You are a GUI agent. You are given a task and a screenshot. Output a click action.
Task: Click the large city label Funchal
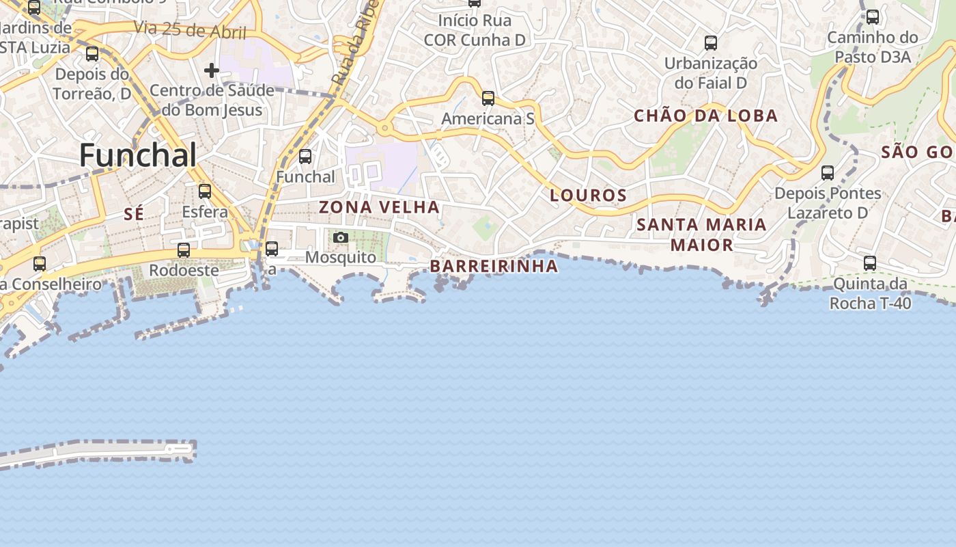(x=138, y=156)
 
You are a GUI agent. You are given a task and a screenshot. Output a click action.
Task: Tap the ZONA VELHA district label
(x=379, y=206)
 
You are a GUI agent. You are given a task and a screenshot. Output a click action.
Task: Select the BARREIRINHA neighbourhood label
(x=494, y=266)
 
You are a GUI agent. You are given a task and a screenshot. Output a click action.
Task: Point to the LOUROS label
(x=588, y=196)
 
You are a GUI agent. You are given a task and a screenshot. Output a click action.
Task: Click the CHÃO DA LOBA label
(x=706, y=116)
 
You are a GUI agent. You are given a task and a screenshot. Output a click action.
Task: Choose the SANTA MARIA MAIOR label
(x=701, y=234)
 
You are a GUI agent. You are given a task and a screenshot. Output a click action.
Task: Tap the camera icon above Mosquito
(x=341, y=238)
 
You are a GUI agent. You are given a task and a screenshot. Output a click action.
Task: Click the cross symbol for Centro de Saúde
(x=212, y=70)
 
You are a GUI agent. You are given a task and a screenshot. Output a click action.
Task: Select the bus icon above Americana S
(x=488, y=98)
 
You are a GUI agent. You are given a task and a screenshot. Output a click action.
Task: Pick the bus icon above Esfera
(x=205, y=191)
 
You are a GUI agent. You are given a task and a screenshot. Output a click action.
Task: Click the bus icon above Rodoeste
(x=183, y=250)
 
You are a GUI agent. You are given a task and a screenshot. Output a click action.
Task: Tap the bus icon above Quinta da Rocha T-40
(x=870, y=263)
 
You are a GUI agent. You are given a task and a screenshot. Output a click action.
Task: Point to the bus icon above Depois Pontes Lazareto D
(x=828, y=173)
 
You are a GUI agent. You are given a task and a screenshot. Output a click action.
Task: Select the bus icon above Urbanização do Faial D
(x=711, y=43)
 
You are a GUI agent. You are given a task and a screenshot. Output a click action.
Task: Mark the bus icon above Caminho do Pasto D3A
(x=873, y=17)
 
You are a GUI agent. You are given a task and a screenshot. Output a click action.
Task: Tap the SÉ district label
(x=134, y=214)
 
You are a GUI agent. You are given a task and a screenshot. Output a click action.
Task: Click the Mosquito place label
(x=340, y=257)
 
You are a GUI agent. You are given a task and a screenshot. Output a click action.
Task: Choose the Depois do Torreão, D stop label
(x=92, y=83)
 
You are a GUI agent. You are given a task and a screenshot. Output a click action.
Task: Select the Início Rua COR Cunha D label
(x=475, y=30)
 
